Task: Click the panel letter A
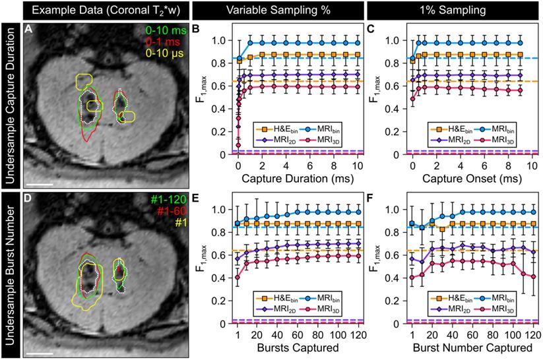coord(28,30)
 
